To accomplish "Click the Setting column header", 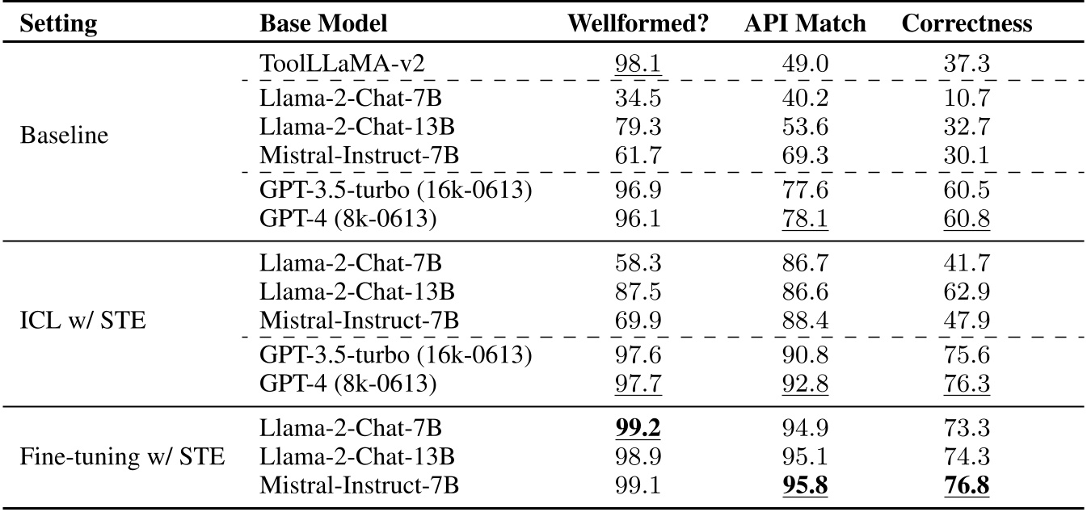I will pos(58,23).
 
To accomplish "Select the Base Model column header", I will pos(323,23).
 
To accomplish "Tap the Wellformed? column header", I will pos(638,23).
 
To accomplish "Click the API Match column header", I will pos(805,23).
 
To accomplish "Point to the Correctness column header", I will pos(967,23).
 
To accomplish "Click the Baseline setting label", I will pos(64,134).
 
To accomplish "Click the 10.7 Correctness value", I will pos(967,99).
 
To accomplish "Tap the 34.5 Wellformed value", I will pos(638,99).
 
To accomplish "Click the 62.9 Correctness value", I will pos(967,291).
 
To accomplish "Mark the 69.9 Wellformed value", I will pos(638,321).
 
